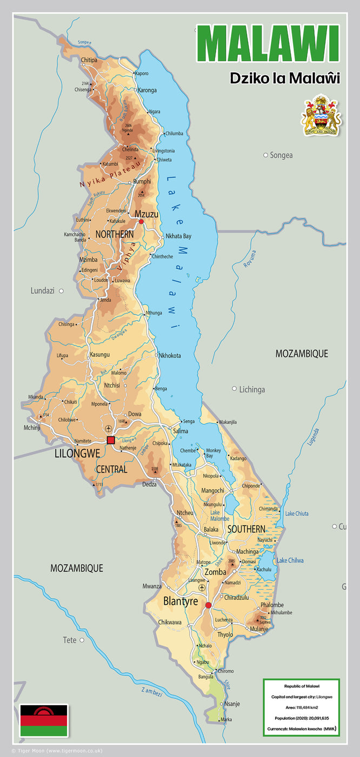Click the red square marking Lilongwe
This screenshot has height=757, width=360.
[111, 440]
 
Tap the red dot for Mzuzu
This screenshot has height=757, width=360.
[141, 221]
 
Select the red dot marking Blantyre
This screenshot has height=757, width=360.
[209, 605]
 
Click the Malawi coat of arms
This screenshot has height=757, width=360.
[321, 115]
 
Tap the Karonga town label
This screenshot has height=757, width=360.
[147, 90]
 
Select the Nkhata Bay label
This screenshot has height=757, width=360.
[178, 236]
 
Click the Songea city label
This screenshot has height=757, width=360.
[281, 155]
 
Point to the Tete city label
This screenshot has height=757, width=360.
[70, 640]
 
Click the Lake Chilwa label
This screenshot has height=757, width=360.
[290, 561]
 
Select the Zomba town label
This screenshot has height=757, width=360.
[215, 572]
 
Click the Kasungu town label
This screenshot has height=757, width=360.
[99, 355]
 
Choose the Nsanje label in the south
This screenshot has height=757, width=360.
[232, 704]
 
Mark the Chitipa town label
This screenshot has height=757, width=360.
[89, 60]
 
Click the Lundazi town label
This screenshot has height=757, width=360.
[43, 291]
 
